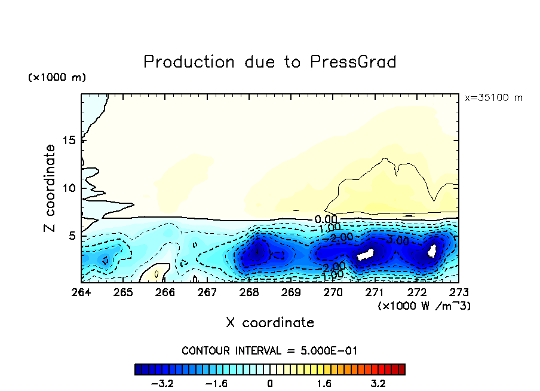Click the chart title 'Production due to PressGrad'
270,62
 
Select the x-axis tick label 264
81,292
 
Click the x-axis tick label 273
459,292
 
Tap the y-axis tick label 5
72,236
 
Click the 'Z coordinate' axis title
50,188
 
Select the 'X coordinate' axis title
270,323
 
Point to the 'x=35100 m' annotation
493,97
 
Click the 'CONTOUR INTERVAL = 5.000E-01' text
269,350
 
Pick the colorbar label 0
270,383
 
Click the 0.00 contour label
326,219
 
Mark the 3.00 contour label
397,240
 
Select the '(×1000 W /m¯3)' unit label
424,306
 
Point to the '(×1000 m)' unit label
57,78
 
